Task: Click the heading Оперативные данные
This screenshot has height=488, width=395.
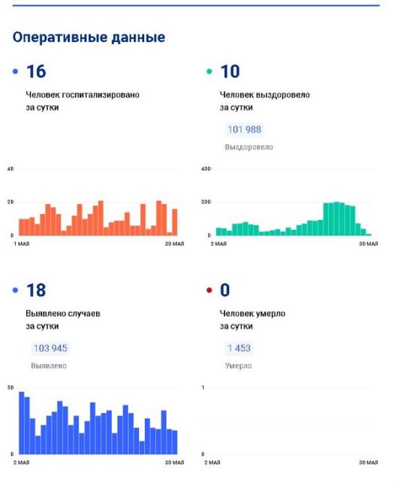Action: (x=89, y=38)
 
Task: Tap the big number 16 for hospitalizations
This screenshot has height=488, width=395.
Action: (x=36, y=71)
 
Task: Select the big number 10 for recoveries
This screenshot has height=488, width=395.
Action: (x=230, y=71)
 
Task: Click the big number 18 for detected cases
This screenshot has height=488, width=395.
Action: (x=36, y=290)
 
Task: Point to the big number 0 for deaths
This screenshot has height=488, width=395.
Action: (x=225, y=290)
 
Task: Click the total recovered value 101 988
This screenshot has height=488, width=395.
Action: (x=244, y=129)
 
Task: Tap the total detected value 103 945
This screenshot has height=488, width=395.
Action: (x=50, y=348)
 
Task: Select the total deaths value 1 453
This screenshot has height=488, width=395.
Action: (x=239, y=348)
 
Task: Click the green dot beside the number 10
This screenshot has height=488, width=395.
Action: (x=210, y=71)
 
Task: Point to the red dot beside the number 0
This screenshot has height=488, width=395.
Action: (x=210, y=291)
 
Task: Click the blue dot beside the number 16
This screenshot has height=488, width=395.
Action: (x=15, y=71)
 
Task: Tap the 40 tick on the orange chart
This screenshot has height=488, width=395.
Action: (x=11, y=169)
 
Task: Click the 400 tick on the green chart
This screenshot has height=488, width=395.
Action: (x=206, y=169)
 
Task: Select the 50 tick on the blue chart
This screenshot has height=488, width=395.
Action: (x=11, y=388)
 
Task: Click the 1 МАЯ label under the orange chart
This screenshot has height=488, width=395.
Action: (x=22, y=244)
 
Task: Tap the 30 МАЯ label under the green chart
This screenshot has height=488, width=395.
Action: (x=369, y=244)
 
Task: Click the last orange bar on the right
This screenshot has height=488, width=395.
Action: (x=175, y=222)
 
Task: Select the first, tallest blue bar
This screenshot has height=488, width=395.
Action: (x=22, y=423)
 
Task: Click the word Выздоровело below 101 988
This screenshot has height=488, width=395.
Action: (x=249, y=147)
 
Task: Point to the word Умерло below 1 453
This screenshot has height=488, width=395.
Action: (x=238, y=366)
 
